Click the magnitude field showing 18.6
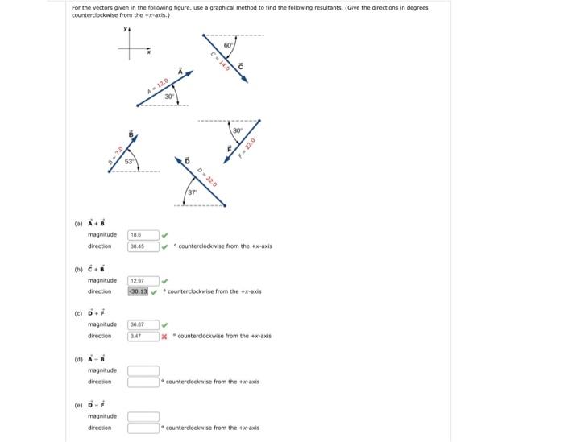pos(143,235)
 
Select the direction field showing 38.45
pos(143,246)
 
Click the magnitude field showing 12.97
pos(143,280)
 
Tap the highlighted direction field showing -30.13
pos(143,291)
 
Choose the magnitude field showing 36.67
pos(143,324)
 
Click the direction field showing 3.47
pos(143,336)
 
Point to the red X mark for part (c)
pos(165,336)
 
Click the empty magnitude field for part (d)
pos(143,370)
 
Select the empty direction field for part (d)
pos(143,382)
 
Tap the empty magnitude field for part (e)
pos(143,416)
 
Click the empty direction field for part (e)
pos(143,428)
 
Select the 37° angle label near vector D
pos(193,193)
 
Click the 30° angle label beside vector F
pos(237,131)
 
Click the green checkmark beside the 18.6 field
pos(165,235)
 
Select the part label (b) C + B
pos(97,267)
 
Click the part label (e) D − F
pos(97,403)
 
